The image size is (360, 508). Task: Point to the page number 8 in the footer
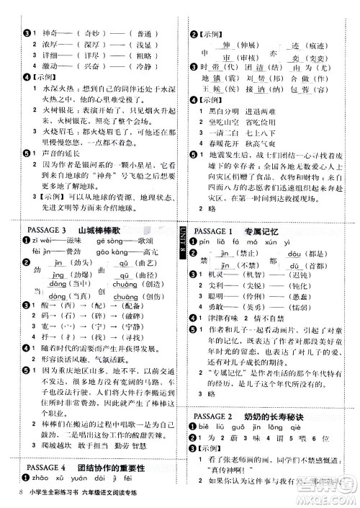pyautogui.click(x=15, y=492)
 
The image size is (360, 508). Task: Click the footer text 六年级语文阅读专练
pyautogui.click(x=122, y=493)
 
